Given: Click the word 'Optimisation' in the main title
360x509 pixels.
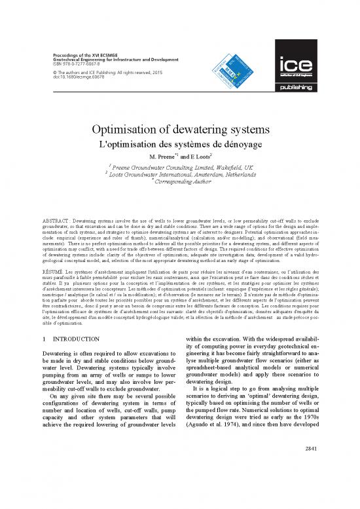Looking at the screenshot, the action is click(x=130, y=130).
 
